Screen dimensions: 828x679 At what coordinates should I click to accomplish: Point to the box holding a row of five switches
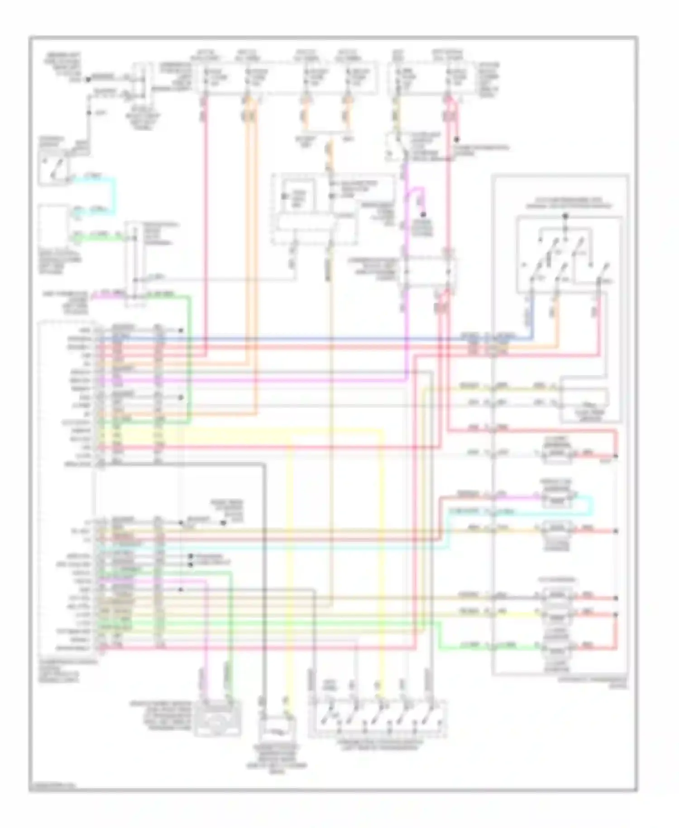pos(378,717)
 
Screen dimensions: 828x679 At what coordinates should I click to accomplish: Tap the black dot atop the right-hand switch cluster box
pos(565,216)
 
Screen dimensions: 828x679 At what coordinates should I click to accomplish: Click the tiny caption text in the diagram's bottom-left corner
pos(52,785)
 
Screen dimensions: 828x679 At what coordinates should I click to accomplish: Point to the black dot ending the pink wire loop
pos(458,139)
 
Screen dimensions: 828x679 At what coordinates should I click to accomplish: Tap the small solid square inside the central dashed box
pos(285,196)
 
